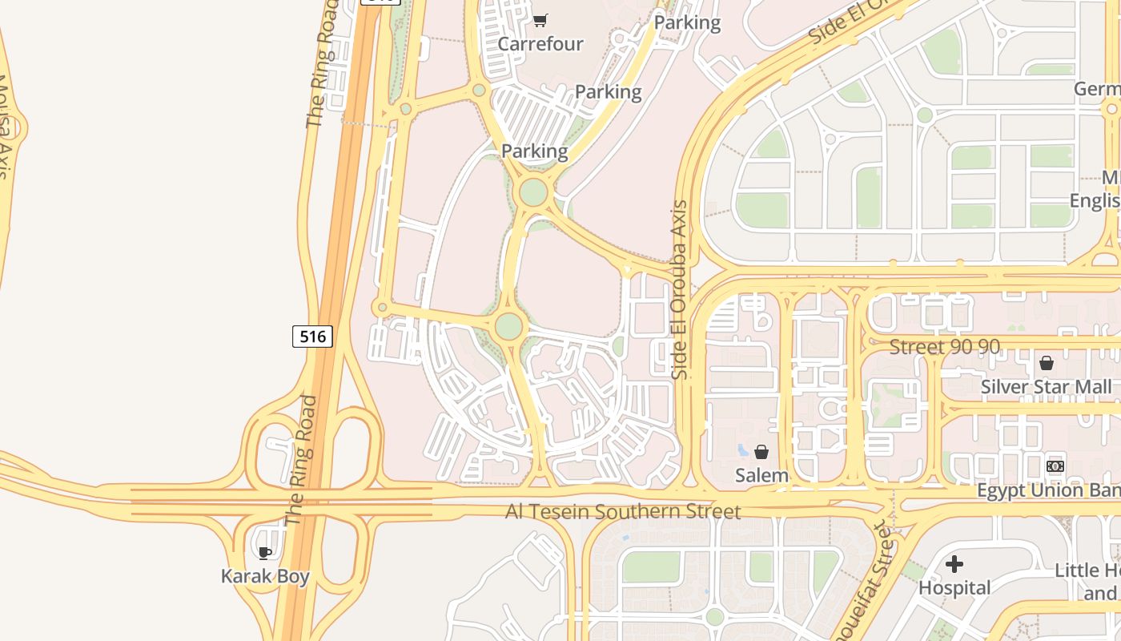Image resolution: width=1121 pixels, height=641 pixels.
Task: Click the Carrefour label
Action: pyautogui.click(x=540, y=43)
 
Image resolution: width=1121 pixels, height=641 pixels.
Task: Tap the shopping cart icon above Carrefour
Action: pyautogui.click(x=540, y=19)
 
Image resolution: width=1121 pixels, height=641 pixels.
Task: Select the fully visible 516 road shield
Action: pyautogui.click(x=312, y=337)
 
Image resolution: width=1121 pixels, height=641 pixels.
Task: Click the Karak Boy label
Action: pyautogui.click(x=265, y=576)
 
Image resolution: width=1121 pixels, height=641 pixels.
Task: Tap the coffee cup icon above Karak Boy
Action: pyautogui.click(x=265, y=552)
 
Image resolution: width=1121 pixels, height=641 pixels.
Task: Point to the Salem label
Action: pyautogui.click(x=761, y=475)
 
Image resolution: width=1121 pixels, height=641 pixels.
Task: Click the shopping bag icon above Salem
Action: pyautogui.click(x=761, y=452)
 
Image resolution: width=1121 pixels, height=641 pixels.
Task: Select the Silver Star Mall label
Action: pyautogui.click(x=1046, y=387)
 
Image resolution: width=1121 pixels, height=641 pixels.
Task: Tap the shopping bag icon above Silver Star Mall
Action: pyautogui.click(x=1046, y=363)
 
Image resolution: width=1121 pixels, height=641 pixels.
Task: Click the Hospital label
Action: pyautogui.click(x=954, y=587)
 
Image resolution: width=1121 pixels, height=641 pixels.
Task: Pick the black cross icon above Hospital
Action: pyautogui.click(x=954, y=564)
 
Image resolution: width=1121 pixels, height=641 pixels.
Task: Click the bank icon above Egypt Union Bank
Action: pyautogui.click(x=1055, y=466)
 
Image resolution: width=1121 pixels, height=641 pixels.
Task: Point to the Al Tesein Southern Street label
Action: pyautogui.click(x=623, y=511)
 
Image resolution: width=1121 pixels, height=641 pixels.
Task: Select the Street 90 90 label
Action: pyautogui.click(x=945, y=347)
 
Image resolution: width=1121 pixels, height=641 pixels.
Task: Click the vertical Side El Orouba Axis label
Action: pyautogui.click(x=680, y=289)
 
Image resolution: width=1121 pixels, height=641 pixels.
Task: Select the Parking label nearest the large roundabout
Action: pyautogui.click(x=534, y=151)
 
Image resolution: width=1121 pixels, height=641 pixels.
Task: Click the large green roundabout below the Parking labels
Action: pyautogui.click(x=533, y=192)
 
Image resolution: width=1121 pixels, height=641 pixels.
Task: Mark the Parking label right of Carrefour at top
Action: pyautogui.click(x=687, y=22)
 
